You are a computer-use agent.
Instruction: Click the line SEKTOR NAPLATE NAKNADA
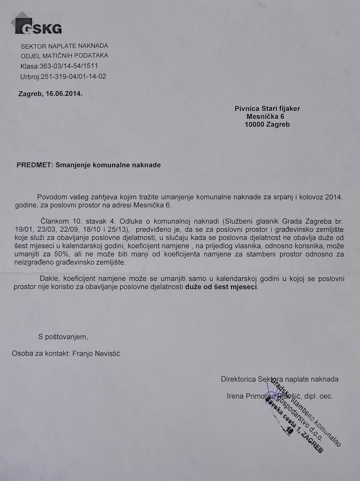[x=64, y=46]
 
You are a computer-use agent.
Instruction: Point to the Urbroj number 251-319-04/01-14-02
[x=73, y=76]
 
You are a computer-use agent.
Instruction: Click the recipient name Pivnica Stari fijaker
[x=267, y=108]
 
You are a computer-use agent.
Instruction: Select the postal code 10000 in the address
[x=254, y=125]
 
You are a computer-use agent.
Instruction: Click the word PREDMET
[x=35, y=165]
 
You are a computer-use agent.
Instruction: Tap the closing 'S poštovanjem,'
[x=63, y=337]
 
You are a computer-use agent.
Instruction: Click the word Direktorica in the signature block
[x=239, y=379]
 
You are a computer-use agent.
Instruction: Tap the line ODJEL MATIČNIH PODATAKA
[x=64, y=56]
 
